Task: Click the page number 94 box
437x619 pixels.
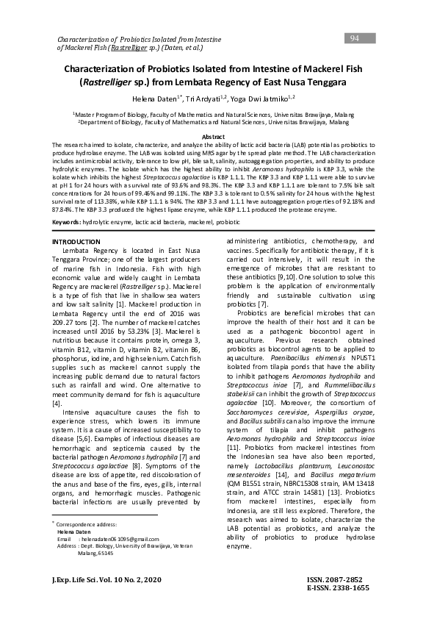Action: point(355,38)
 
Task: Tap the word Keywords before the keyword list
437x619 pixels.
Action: point(66,201)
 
